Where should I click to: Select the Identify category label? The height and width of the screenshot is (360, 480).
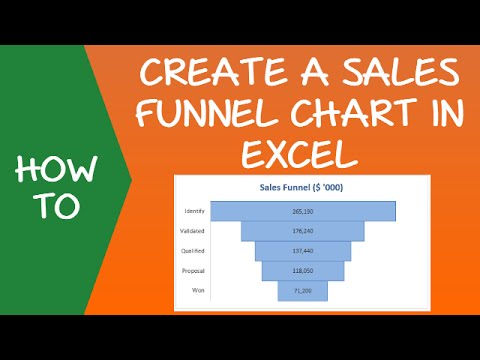[195, 211]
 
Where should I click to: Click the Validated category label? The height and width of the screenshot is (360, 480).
[194, 231]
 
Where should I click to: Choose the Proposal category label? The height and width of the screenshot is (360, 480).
[194, 270]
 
